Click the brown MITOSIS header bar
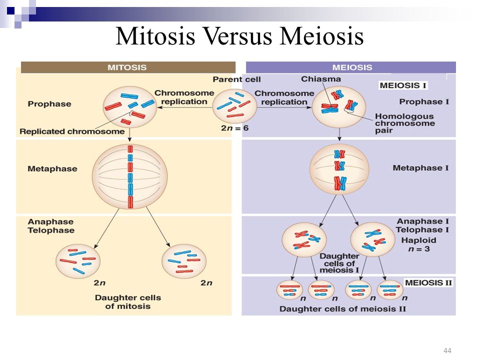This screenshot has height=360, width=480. (128, 67)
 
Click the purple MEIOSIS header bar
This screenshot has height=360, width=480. (351, 67)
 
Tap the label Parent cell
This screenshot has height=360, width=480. (236, 79)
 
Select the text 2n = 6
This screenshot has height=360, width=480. (235, 128)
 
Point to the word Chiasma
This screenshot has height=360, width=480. (321, 79)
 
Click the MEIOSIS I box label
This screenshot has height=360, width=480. (403, 85)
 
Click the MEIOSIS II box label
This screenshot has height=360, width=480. (428, 282)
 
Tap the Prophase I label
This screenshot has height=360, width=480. (424, 101)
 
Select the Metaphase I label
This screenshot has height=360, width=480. (420, 168)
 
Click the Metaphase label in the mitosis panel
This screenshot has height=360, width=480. (52, 168)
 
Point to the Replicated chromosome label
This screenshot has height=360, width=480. (72, 131)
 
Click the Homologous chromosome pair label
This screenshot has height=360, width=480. (405, 123)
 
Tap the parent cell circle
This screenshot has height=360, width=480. (234, 106)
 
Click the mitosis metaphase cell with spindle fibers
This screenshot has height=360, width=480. (130, 176)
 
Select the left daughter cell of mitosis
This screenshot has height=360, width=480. (78, 261)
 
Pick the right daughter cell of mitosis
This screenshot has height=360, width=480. (184, 261)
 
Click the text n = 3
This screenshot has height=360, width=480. (419, 249)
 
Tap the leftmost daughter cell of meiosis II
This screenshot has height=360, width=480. (289, 290)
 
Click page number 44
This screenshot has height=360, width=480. (447, 350)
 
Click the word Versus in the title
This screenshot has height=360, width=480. (237, 36)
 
